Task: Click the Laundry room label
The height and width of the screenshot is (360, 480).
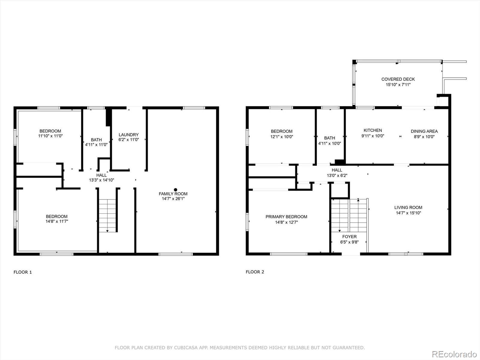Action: click(x=129, y=135)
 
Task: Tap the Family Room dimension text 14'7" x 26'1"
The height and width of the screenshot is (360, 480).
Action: click(x=173, y=199)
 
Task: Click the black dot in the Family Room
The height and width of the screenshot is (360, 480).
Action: click(x=175, y=190)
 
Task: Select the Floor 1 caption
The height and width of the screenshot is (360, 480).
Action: click(x=23, y=272)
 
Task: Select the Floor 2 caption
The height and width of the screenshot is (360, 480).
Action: click(x=255, y=272)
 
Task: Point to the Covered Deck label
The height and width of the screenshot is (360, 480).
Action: click(x=398, y=79)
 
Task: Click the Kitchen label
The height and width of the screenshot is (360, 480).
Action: click(x=373, y=130)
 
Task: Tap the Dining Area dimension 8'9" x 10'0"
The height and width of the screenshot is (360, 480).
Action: click(x=424, y=137)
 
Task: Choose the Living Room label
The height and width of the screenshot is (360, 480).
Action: click(x=408, y=207)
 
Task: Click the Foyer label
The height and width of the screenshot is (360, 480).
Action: click(x=349, y=236)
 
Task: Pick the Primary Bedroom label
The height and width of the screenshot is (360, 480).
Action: click(x=286, y=217)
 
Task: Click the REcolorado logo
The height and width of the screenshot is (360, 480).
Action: click(x=454, y=354)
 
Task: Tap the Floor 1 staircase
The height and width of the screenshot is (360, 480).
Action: click(x=107, y=215)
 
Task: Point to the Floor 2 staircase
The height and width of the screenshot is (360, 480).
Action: click(x=349, y=215)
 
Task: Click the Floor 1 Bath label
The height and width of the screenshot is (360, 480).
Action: click(x=96, y=140)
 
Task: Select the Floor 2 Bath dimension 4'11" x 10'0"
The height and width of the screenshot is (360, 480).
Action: click(x=329, y=144)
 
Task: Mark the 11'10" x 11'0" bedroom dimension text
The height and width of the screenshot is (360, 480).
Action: click(x=50, y=136)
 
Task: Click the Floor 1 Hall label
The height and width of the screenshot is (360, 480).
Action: click(x=101, y=175)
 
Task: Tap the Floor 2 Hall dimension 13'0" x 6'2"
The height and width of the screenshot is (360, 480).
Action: click(x=337, y=175)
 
